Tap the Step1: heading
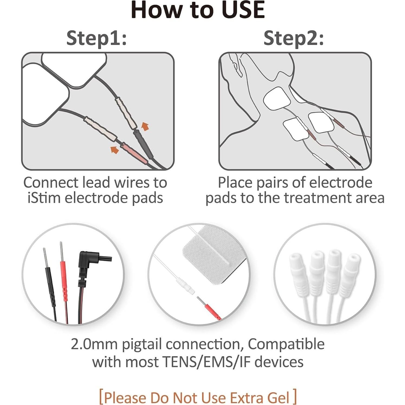[x=96, y=38]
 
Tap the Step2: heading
[x=293, y=38]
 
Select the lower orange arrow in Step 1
[x=115, y=149]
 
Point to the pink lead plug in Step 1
[x=134, y=153]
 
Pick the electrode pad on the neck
[x=277, y=98]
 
